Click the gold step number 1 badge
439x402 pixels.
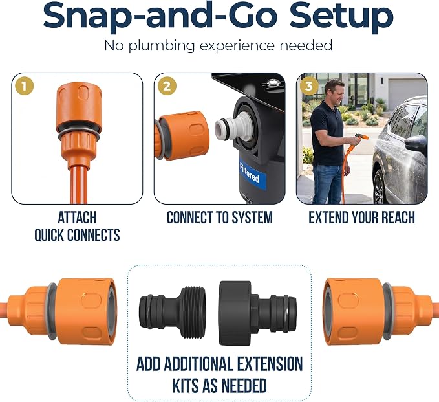tap(25, 86)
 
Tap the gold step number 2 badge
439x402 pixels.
tap(167, 86)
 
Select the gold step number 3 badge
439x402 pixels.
tap(309, 86)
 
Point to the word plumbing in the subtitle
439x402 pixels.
tap(161, 46)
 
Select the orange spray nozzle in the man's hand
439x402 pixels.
tap(361, 138)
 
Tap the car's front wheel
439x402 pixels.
tap(378, 186)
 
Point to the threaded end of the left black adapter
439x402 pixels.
tap(193, 312)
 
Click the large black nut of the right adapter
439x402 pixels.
tap(235, 313)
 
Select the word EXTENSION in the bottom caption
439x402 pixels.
tap(270, 364)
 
